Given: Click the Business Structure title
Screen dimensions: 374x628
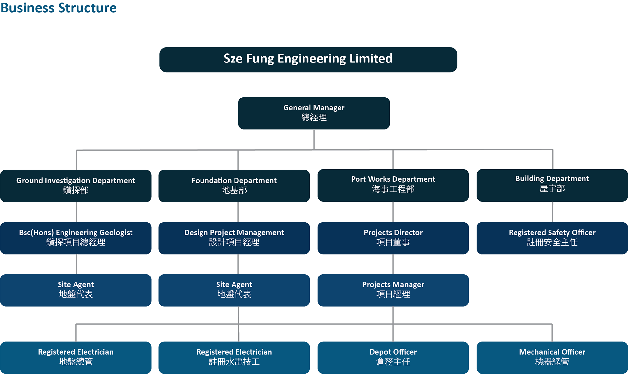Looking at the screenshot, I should point(59,8).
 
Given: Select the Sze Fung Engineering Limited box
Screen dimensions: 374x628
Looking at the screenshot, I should point(308,60).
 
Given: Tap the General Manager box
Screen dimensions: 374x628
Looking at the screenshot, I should point(314,113).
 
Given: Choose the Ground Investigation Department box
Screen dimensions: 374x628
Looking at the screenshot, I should point(76,186).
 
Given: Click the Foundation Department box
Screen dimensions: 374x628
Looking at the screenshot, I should point(234,186).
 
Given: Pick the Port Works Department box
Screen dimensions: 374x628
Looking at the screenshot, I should point(393,185).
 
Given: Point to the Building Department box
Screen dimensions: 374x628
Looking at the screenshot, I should point(552,185).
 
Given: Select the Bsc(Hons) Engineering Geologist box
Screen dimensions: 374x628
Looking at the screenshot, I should point(76,238).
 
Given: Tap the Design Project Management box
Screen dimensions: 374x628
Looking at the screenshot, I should point(234,238).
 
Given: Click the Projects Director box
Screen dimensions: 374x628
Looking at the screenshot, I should point(393,238).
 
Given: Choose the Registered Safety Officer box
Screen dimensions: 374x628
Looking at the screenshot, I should point(552,238).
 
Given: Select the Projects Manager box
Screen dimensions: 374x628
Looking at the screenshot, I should point(393,290).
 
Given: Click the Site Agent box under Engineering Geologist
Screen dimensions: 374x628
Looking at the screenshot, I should point(76,290).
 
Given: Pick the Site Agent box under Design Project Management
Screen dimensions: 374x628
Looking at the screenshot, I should point(234,290).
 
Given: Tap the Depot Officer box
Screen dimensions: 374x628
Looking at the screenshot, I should point(393,357).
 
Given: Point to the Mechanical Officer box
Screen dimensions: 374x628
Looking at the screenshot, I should point(552,357).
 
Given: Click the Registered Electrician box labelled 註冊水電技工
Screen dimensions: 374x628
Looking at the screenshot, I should point(234,357).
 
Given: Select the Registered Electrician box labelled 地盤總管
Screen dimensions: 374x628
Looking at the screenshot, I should point(76,357).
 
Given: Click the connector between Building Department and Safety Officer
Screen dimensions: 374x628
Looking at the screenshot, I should point(552,212).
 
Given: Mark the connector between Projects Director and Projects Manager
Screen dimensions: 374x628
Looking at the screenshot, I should point(393,264).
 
